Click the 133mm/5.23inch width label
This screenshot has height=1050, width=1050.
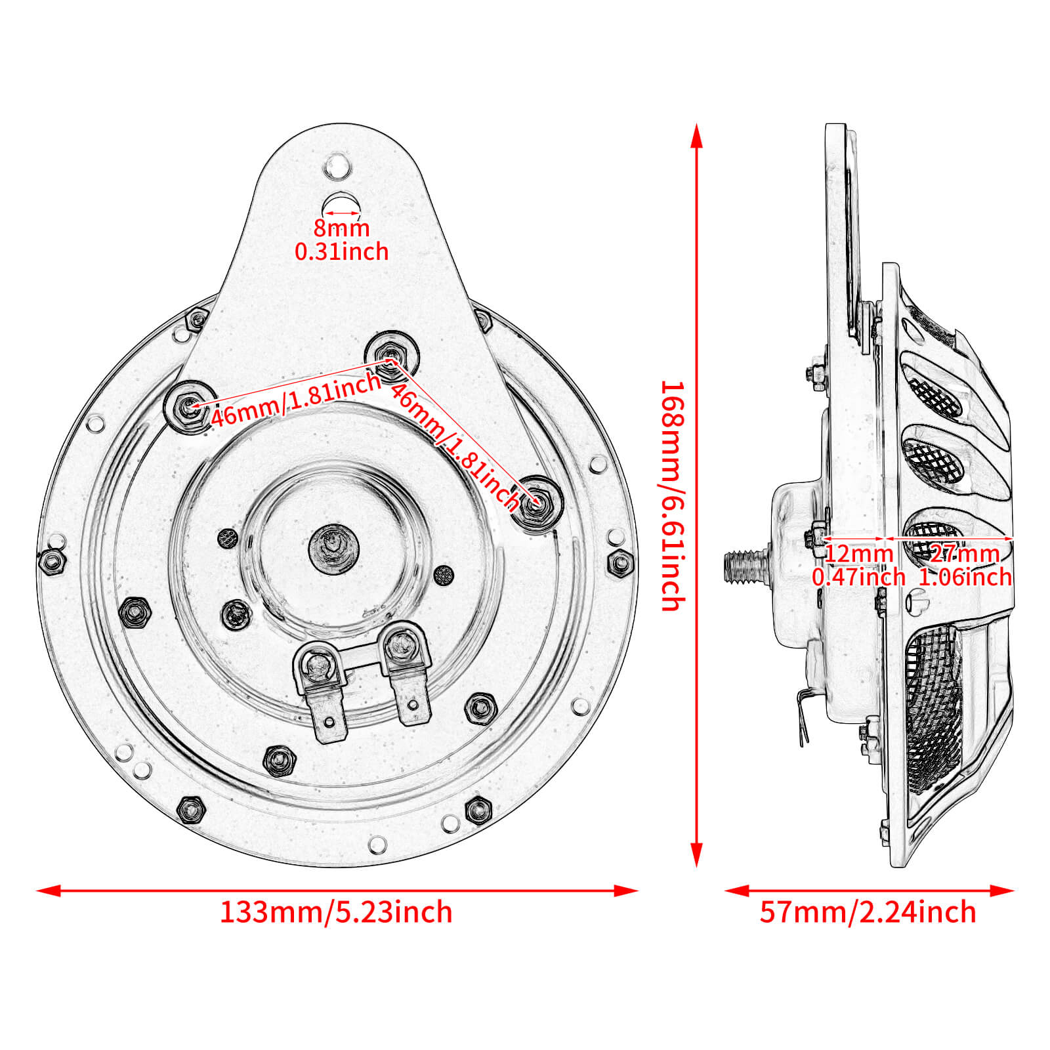tap(336, 912)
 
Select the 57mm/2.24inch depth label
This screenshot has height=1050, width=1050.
tap(868, 912)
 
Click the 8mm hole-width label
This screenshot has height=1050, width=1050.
tap(341, 228)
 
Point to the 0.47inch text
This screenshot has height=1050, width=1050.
tap(858, 577)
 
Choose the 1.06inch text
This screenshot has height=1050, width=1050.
tap(965, 577)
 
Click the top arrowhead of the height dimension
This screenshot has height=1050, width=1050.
tap(697, 135)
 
